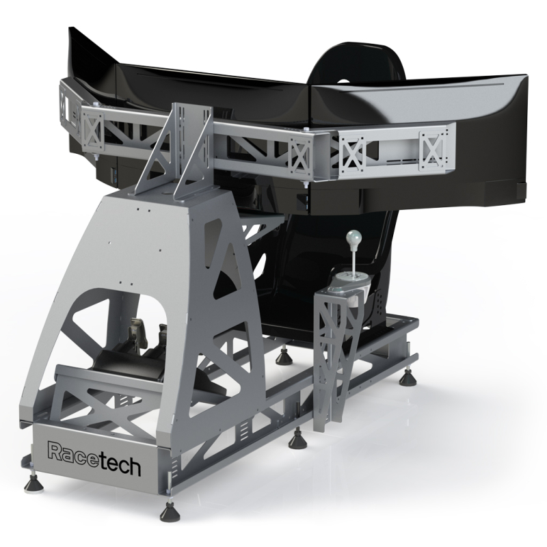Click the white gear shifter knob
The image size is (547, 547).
[353, 240]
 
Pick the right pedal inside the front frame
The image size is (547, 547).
[163, 336]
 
